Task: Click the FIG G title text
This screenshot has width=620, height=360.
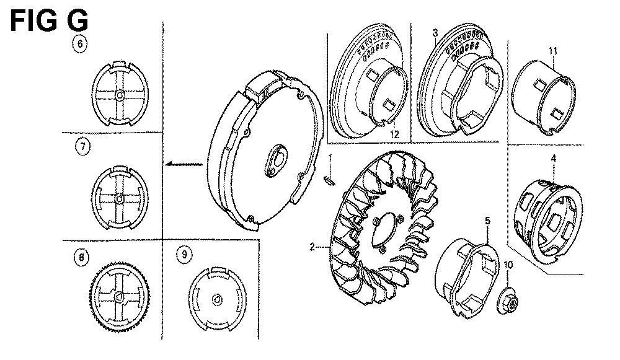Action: click(48, 21)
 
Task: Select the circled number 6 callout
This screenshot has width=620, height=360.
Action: click(80, 43)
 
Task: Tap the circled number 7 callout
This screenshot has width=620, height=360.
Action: click(82, 147)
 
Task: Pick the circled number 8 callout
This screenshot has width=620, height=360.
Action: click(81, 258)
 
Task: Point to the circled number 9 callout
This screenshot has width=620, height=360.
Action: click(184, 255)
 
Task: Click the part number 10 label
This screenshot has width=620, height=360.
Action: click(508, 265)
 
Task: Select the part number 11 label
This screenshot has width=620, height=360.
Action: click(553, 51)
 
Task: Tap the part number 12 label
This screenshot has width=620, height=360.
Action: click(394, 134)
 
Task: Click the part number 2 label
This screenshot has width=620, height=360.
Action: click(312, 247)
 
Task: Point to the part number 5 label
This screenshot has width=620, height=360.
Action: click(487, 221)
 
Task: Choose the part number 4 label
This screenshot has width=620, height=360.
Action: click(553, 159)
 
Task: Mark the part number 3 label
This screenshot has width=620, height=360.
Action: click(435, 32)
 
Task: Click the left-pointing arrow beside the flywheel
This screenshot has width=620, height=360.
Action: click(184, 163)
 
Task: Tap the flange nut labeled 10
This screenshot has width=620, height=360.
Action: click(508, 301)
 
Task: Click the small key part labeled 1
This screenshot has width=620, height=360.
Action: click(329, 180)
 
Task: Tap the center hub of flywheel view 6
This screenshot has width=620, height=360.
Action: click(120, 95)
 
